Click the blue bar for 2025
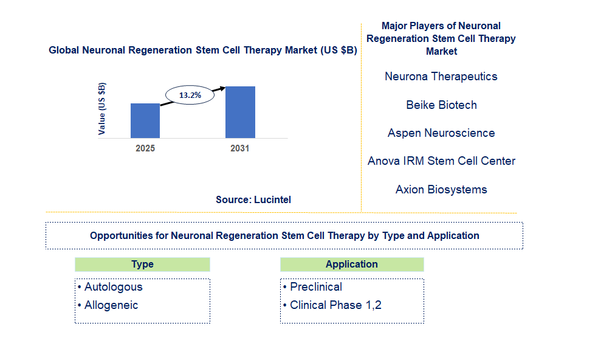tap(145, 121)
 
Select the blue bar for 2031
tap(240, 112)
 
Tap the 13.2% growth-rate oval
tap(190, 95)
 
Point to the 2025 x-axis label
tap(145, 148)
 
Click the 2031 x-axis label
tap(240, 148)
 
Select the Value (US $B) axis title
tap(101, 109)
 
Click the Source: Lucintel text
tap(253, 199)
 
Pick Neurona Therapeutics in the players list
tap(441, 77)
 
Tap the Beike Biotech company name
tap(442, 105)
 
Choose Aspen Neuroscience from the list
tap(441, 133)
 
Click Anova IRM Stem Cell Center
tap(442, 161)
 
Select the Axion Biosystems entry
tap(441, 189)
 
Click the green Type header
tap(143, 265)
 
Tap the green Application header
tap(352, 265)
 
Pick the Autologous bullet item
tap(110, 287)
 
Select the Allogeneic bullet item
tap(108, 305)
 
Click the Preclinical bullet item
tap(312, 287)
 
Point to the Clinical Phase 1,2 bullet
tap(332, 305)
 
